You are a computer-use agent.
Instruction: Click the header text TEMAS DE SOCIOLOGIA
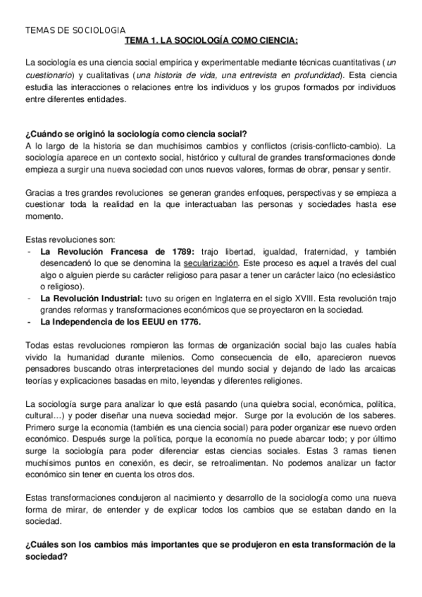click(75, 31)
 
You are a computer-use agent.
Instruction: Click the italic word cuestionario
click(49, 75)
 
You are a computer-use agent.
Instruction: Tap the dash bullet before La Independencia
click(28, 322)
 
